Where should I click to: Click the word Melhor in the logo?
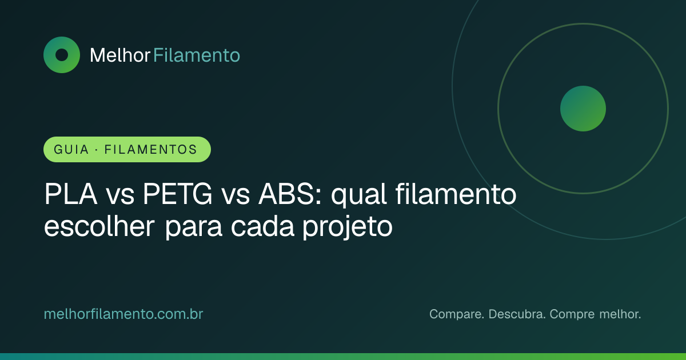[x=119, y=55]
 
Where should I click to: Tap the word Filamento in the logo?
[x=196, y=55]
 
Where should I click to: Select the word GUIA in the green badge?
[x=71, y=150]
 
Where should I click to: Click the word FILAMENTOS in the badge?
[x=151, y=150]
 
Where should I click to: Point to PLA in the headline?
[x=71, y=194]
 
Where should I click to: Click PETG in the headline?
[x=177, y=194]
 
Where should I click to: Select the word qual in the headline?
[x=358, y=196]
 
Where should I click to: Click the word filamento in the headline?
[x=456, y=194]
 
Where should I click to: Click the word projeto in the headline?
[x=348, y=228]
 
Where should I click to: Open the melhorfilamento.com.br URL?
[x=123, y=314]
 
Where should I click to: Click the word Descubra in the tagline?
[x=517, y=314]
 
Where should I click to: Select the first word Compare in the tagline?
[x=457, y=315]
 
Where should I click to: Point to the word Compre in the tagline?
[x=572, y=315]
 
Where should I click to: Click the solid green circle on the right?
[x=583, y=109]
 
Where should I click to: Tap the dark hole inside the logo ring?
[x=62, y=55]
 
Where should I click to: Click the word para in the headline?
[x=193, y=228]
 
